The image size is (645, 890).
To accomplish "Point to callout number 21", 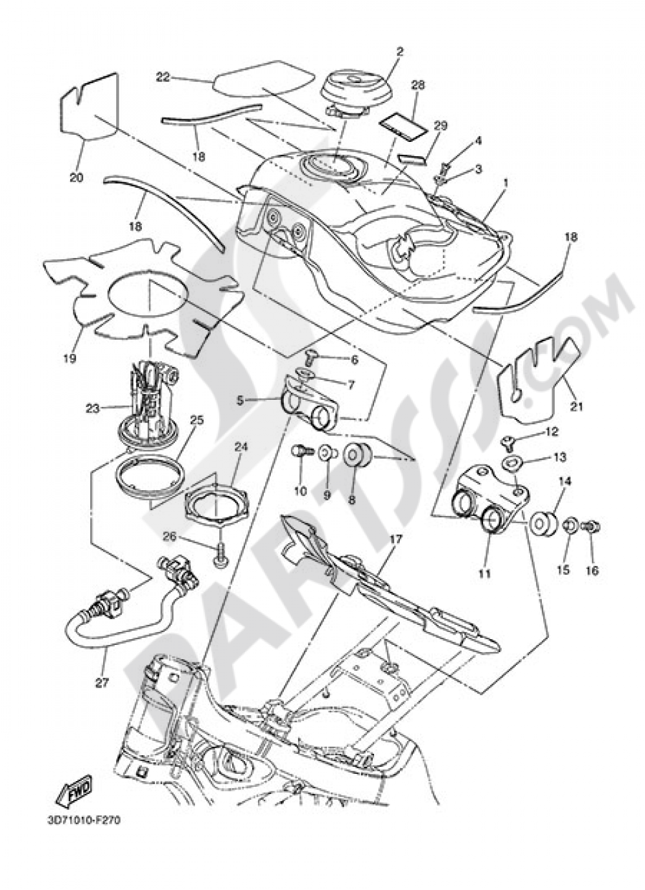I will point(576,406).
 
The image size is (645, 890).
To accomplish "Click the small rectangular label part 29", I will point(412,157).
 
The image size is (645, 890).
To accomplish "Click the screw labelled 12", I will point(508,442).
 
